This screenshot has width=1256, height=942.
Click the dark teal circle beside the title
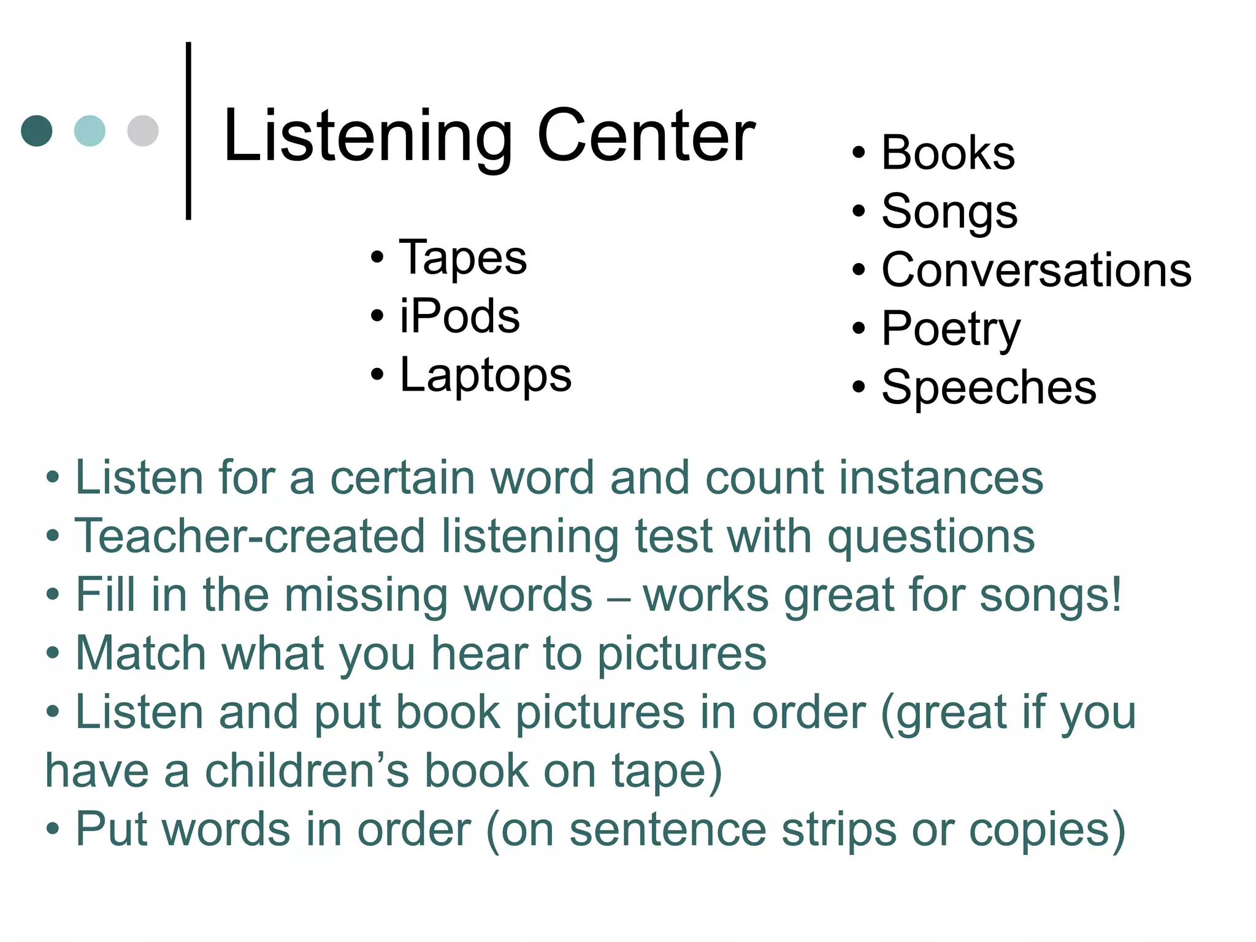(x=37, y=131)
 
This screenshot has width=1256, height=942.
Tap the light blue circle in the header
(x=90, y=131)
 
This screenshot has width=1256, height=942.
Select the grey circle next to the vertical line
(x=143, y=131)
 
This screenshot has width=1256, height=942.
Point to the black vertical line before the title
(x=188, y=131)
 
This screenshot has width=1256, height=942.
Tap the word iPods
(x=459, y=316)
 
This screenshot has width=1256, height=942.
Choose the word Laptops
(x=485, y=375)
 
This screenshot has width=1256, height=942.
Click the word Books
(x=948, y=153)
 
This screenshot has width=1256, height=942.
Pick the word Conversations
(x=1036, y=270)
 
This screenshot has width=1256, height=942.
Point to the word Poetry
(x=951, y=329)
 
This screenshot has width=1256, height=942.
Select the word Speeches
(x=989, y=388)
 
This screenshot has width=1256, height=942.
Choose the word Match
(x=140, y=653)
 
